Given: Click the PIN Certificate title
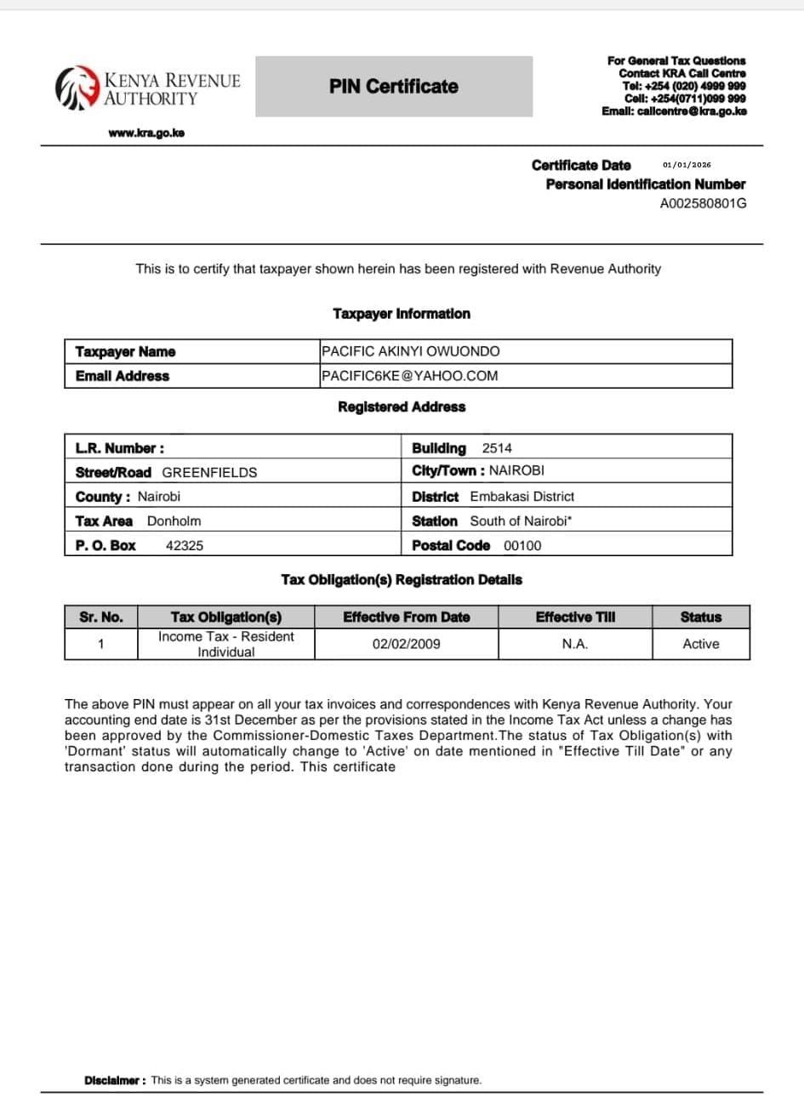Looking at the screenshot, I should click(394, 87).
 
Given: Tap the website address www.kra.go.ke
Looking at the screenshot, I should click(147, 133).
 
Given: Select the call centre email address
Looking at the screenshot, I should click(674, 111).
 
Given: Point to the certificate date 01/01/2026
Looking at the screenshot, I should click(686, 165).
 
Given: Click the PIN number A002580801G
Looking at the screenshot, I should click(703, 203).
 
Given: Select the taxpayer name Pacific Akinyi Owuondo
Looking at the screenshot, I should click(410, 351).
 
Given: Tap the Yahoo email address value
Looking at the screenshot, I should click(409, 376).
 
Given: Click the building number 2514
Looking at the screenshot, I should click(497, 448).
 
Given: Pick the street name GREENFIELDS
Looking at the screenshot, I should click(209, 473).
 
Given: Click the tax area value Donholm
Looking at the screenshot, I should click(174, 521).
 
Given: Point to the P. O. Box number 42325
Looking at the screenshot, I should click(185, 546).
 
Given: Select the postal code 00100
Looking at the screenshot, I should click(522, 546).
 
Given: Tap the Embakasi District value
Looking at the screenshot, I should click(522, 497).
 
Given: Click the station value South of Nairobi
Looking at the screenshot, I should click(521, 521).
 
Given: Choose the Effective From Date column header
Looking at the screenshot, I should click(406, 617).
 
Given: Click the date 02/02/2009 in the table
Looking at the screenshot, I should click(406, 644).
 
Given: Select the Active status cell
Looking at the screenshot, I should click(700, 644).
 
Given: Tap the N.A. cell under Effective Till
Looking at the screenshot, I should click(574, 644).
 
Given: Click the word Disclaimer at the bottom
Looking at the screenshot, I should click(114, 1080).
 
